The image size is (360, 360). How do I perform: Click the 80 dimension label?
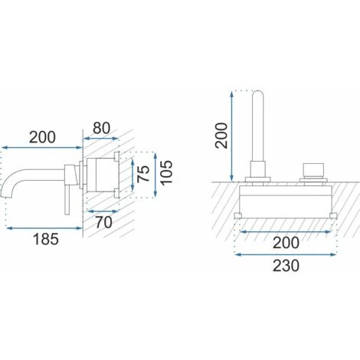click(x=101, y=128)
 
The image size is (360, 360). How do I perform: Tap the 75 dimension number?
click(x=143, y=174)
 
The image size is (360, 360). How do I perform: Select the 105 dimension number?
click(x=166, y=172)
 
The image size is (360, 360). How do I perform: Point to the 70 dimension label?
click(x=103, y=222)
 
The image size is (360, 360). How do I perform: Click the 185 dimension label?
click(x=46, y=239)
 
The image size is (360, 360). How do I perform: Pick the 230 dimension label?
click(x=286, y=266)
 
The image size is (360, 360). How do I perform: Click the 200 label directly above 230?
click(x=286, y=243)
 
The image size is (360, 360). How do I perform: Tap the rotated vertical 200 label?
click(x=221, y=136)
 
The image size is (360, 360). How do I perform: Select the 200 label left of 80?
click(x=42, y=137)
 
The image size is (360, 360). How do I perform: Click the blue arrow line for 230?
click(x=286, y=254)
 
